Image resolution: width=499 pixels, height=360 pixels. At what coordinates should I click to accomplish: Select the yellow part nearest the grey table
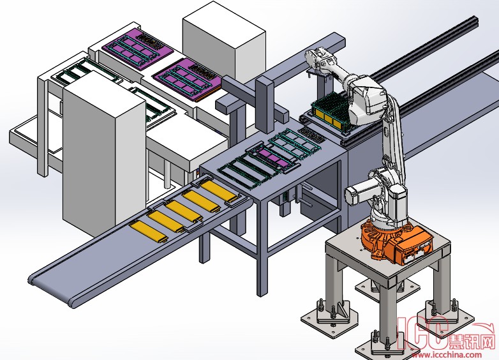point(220,191)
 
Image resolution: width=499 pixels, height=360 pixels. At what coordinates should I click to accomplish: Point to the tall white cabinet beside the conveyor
point(105,153)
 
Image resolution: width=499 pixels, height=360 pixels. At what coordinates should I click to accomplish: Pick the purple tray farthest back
point(138,49)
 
